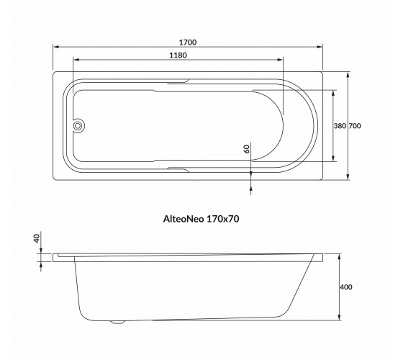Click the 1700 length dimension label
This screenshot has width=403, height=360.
point(188,42)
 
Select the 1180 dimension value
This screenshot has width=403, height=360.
point(178,55)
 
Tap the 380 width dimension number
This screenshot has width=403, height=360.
point(340,126)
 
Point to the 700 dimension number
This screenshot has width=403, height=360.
point(355,126)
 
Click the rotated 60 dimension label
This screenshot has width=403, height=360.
point(246,149)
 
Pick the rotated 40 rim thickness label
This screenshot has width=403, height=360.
point(37,238)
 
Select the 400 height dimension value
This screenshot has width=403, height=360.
point(346,287)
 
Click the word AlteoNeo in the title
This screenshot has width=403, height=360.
point(184,219)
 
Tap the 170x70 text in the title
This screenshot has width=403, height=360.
point(223,219)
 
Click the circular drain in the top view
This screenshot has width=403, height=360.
point(78,126)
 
